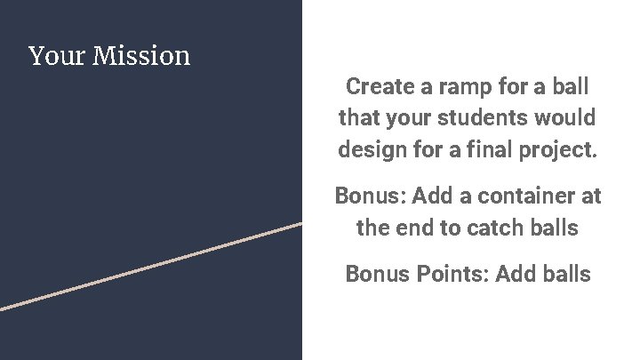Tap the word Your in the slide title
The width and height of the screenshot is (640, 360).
click(58, 56)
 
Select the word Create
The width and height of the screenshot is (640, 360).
click(379, 87)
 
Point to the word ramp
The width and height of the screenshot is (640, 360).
click(462, 87)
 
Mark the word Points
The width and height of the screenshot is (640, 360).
click(450, 274)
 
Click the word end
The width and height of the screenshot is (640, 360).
click(418, 228)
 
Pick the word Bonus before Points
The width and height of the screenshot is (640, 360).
click(378, 274)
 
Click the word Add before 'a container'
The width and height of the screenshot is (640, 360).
click(433, 196)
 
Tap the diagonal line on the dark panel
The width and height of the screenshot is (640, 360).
click(151, 266)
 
